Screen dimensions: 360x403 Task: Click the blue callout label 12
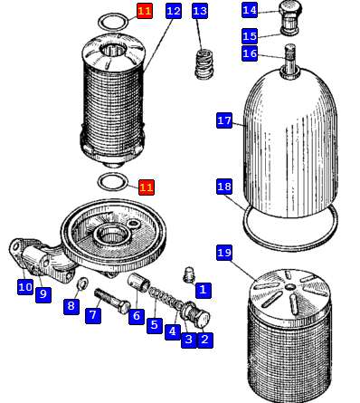174,11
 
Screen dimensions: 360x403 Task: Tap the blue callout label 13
200,11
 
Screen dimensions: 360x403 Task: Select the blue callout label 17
224,120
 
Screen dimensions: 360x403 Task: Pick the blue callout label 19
224,253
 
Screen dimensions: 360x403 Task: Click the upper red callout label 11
145,11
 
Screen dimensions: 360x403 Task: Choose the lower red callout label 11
147,187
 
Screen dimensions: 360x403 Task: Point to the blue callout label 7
93,316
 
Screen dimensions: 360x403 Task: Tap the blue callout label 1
204,290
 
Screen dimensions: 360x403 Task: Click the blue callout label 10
25,287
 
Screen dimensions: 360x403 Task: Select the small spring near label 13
204,63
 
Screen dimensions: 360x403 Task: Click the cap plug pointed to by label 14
289,17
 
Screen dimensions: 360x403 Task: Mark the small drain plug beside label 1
189,274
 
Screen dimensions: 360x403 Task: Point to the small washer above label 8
82,282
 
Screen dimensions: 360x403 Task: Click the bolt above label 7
112,302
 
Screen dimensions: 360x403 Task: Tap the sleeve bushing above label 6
139,283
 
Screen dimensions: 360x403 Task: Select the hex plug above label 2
196,314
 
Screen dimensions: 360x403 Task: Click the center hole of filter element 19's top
289,286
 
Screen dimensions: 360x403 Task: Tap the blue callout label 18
224,187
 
